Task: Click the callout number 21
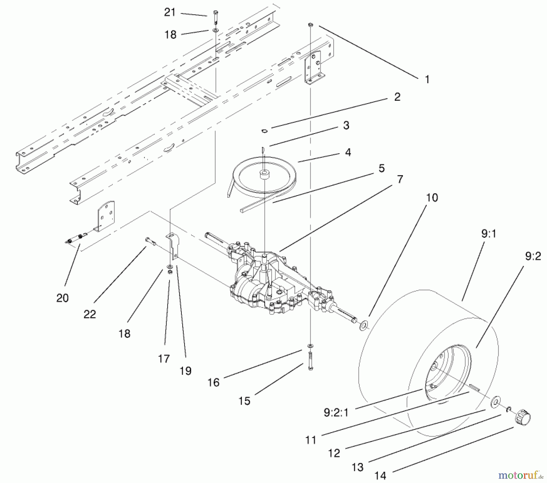(x=170, y=12)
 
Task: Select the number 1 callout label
(x=427, y=80)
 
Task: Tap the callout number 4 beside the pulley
(x=348, y=152)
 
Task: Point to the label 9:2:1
(x=336, y=412)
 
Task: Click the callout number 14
(x=380, y=475)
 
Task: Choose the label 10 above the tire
(x=432, y=198)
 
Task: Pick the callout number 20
(x=62, y=298)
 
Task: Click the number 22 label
(x=90, y=314)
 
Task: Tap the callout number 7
(x=400, y=179)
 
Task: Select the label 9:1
(x=488, y=234)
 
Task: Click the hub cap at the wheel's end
(x=522, y=419)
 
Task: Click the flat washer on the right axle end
(x=364, y=325)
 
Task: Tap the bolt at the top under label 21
(x=216, y=17)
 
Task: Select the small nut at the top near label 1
(x=310, y=24)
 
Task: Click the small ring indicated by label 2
(x=264, y=131)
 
